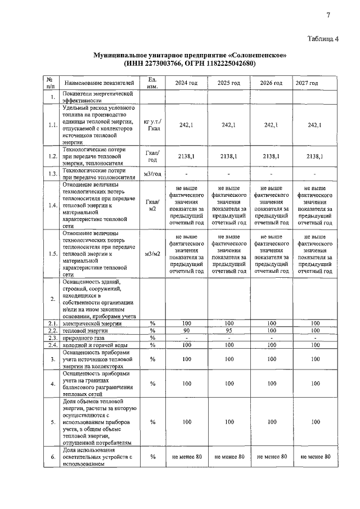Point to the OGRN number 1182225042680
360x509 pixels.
pyautogui.click(x=226, y=64)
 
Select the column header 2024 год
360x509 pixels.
pyautogui.click(x=186, y=83)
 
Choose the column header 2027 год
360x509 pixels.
pyautogui.click(x=307, y=83)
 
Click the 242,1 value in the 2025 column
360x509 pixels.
pyautogui.click(x=228, y=125)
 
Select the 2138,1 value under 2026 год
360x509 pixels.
pyautogui.click(x=271, y=157)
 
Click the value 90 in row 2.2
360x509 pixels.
pyautogui.click(x=186, y=330)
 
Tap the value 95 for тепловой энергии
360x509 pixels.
pyautogui.click(x=228, y=330)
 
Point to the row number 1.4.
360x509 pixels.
pyautogui.click(x=53, y=205)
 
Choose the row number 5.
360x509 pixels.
pyautogui.click(x=52, y=421)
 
